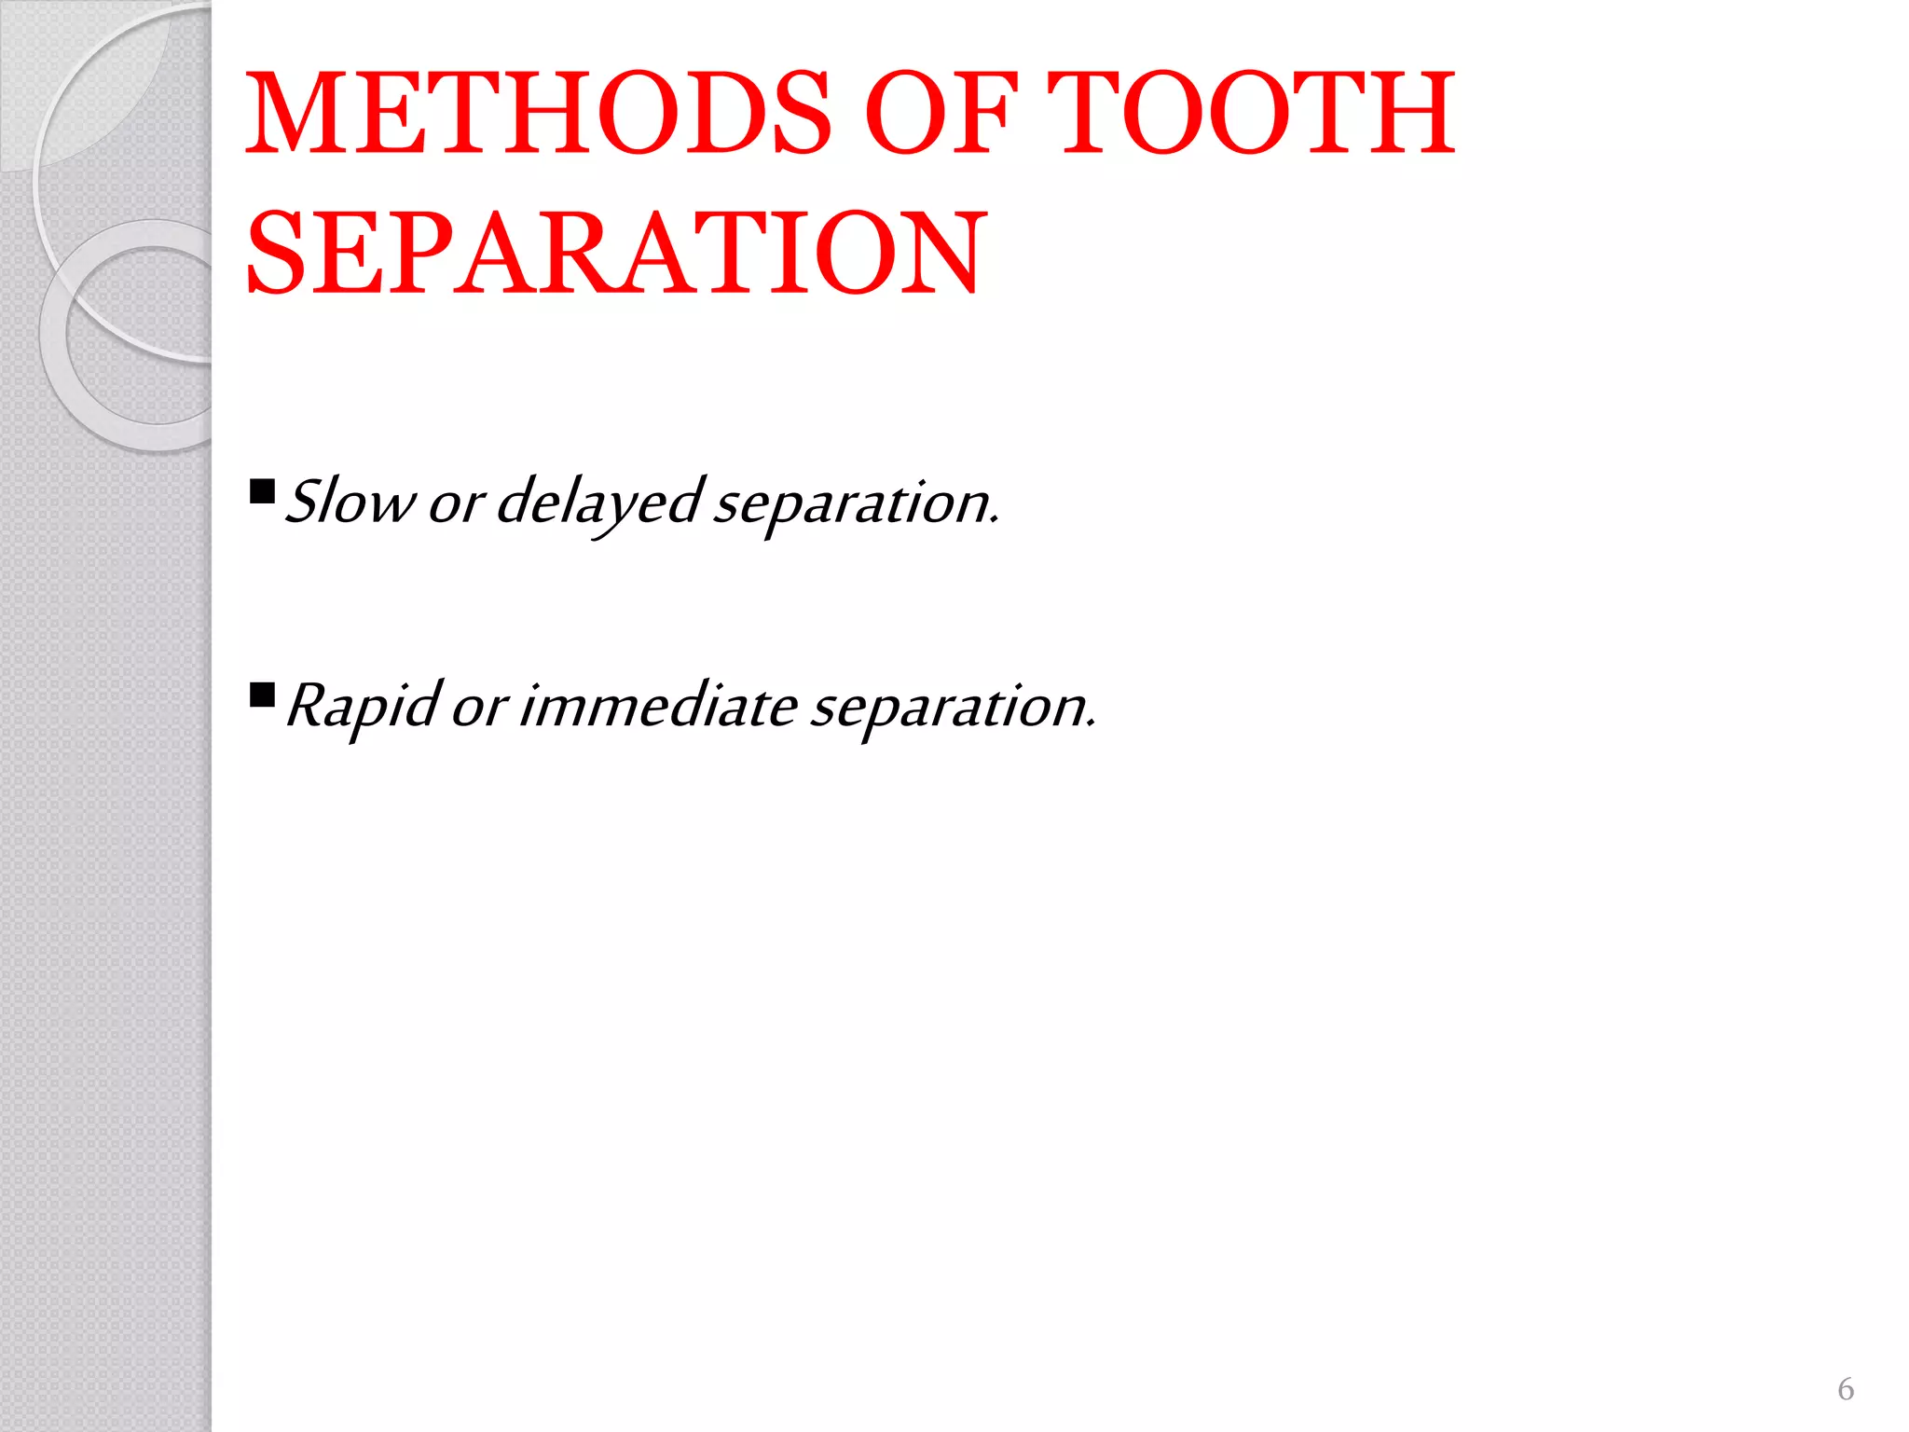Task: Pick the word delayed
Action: click(x=597, y=503)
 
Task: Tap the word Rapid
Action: click(x=362, y=706)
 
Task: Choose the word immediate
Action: click(x=657, y=706)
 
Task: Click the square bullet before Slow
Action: click(x=263, y=490)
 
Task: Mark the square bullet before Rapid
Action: click(x=263, y=695)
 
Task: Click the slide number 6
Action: click(x=1845, y=1389)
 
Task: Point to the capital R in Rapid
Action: click(x=306, y=705)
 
